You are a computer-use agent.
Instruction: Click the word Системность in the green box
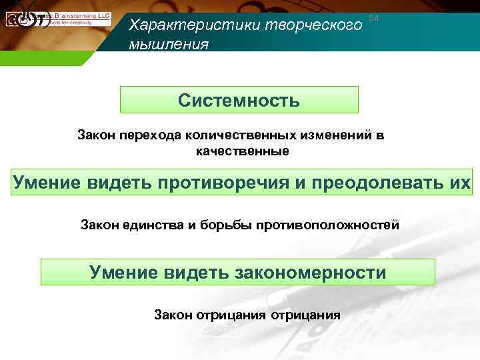[239, 101]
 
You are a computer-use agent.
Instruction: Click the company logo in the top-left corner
[27, 19]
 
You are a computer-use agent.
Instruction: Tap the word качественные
[242, 151]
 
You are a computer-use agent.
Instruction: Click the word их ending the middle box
[459, 182]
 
